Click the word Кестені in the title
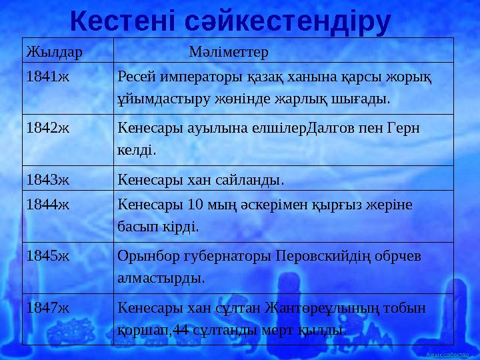pyautogui.click(x=125, y=21)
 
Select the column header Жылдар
pyautogui.click(x=48, y=51)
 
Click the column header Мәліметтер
pyautogui.click(x=229, y=51)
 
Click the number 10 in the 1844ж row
pyautogui.click(x=194, y=205)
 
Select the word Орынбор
pyautogui.click(x=144, y=256)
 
